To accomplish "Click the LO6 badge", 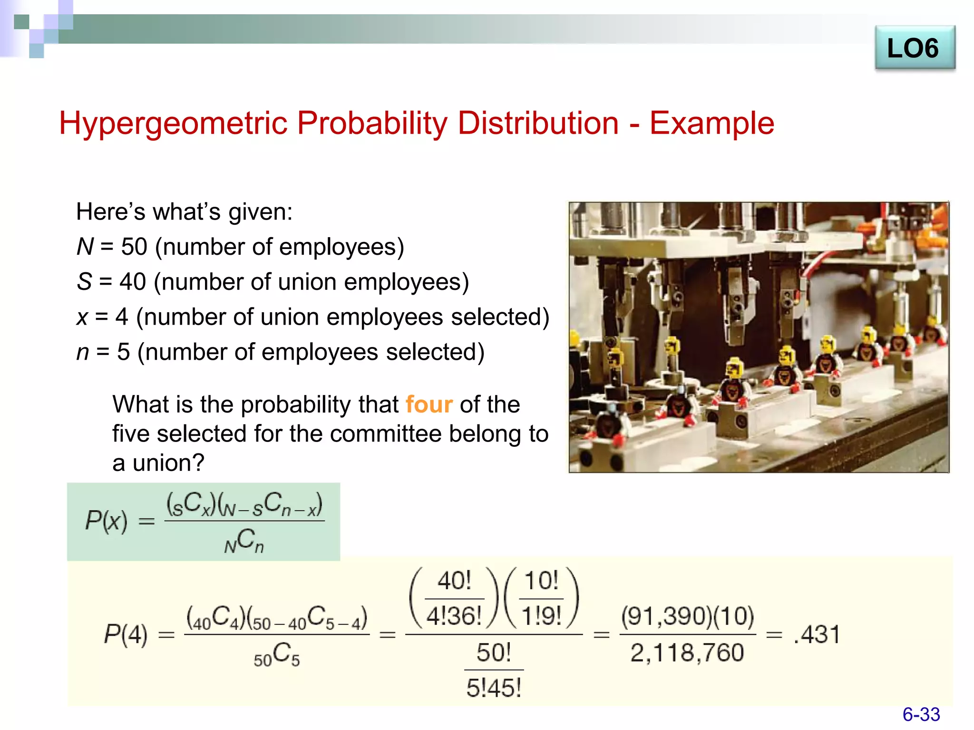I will [914, 48].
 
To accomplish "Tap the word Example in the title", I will [711, 123].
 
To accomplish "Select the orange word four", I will [429, 404].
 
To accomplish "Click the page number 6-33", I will [921, 714].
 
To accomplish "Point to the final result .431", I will [817, 634].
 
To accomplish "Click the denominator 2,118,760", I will [687, 653].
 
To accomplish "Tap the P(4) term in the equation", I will [126, 634].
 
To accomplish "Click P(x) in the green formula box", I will [106, 521].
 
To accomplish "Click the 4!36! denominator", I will [454, 616].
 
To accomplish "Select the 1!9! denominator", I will [541, 616].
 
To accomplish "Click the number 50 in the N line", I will [134, 247].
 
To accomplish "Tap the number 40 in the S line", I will [133, 282].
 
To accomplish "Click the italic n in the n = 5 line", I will [83, 352].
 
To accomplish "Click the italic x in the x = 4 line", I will [82, 317].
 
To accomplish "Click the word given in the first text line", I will [257, 212].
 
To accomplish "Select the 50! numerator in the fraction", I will [494, 652].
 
